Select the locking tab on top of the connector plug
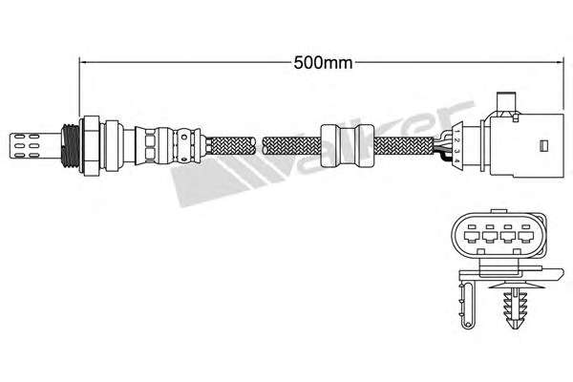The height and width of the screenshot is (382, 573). click(506, 99)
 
